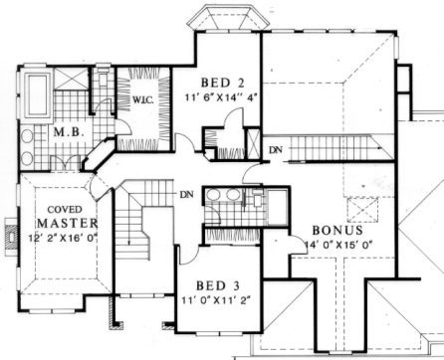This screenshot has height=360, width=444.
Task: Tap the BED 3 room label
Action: click(x=218, y=285)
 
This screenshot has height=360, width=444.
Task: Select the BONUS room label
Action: click(x=337, y=230)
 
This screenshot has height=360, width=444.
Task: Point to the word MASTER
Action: click(x=68, y=223)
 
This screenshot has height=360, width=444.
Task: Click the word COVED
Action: click(x=65, y=210)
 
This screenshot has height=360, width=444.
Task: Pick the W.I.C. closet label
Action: click(x=143, y=99)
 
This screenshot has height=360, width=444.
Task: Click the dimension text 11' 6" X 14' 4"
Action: click(x=222, y=97)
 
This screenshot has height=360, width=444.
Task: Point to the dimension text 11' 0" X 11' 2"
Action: click(x=216, y=300)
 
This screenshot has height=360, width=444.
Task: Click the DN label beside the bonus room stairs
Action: click(x=276, y=150)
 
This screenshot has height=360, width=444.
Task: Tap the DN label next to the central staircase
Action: click(x=186, y=194)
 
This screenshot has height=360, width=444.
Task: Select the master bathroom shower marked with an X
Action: click(x=71, y=79)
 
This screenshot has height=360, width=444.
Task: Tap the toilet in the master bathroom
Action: click(x=103, y=80)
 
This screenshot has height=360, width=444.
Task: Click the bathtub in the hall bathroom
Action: click(x=278, y=207)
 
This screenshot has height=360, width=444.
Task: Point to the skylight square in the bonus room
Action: click(x=362, y=210)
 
